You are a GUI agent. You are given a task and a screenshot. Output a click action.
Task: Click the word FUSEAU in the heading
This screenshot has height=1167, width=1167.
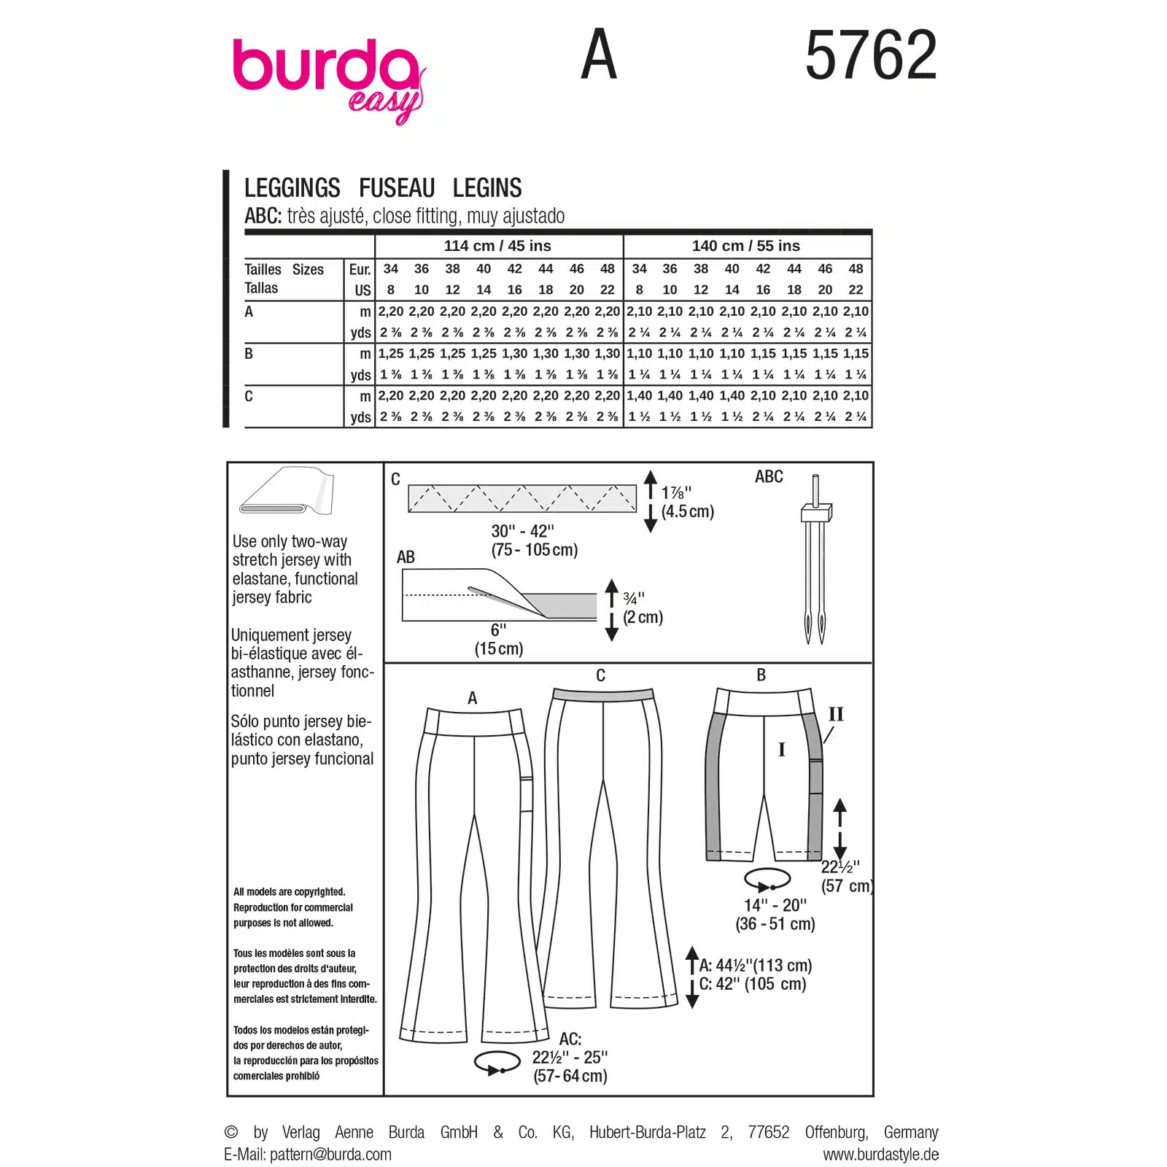(x=397, y=188)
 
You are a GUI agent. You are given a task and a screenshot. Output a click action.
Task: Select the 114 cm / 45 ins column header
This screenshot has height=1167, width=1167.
(x=497, y=246)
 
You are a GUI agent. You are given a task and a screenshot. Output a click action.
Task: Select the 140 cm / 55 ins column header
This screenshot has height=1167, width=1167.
(x=746, y=246)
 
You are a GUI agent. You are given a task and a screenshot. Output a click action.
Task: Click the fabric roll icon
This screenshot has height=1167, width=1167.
(x=286, y=491)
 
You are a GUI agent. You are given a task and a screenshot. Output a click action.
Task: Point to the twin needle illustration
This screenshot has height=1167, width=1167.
(x=815, y=559)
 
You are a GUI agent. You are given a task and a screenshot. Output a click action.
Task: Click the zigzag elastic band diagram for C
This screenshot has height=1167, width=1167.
(x=522, y=498)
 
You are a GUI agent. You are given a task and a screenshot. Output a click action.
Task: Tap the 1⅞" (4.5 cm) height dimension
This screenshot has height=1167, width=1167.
(x=687, y=502)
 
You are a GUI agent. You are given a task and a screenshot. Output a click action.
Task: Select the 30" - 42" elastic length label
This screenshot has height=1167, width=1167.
(x=534, y=540)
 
